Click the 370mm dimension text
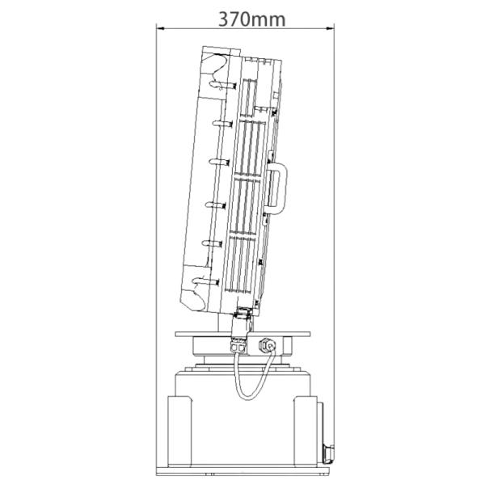coord(251,17)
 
